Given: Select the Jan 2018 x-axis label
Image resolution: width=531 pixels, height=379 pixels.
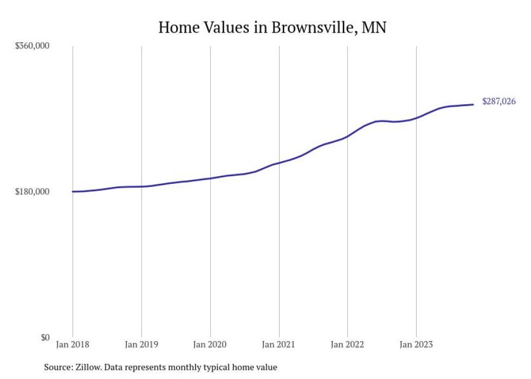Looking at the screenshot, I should (x=73, y=344).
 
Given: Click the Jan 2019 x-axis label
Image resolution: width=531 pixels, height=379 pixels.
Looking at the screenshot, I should (x=141, y=344).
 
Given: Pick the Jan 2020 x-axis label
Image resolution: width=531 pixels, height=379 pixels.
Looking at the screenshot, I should (x=210, y=344).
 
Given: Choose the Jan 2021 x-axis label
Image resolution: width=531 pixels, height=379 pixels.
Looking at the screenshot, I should (x=279, y=344).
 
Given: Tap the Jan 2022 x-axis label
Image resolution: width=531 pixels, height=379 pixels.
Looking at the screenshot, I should (x=347, y=344).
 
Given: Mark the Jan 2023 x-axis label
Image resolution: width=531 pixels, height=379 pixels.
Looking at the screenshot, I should (x=416, y=344).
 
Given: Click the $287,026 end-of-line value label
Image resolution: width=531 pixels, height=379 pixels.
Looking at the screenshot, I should (x=498, y=101).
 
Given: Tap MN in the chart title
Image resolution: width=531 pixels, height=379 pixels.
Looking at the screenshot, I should (x=374, y=28).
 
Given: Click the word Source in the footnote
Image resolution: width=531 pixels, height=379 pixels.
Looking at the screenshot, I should (x=57, y=367).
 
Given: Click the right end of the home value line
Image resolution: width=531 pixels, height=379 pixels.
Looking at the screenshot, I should (x=474, y=105).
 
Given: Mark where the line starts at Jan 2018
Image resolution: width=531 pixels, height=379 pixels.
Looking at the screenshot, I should (x=73, y=191).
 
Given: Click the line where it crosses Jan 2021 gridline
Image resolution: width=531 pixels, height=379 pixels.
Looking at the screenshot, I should (x=279, y=163).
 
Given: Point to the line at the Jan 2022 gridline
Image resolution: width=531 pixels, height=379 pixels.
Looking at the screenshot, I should (x=347, y=136).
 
